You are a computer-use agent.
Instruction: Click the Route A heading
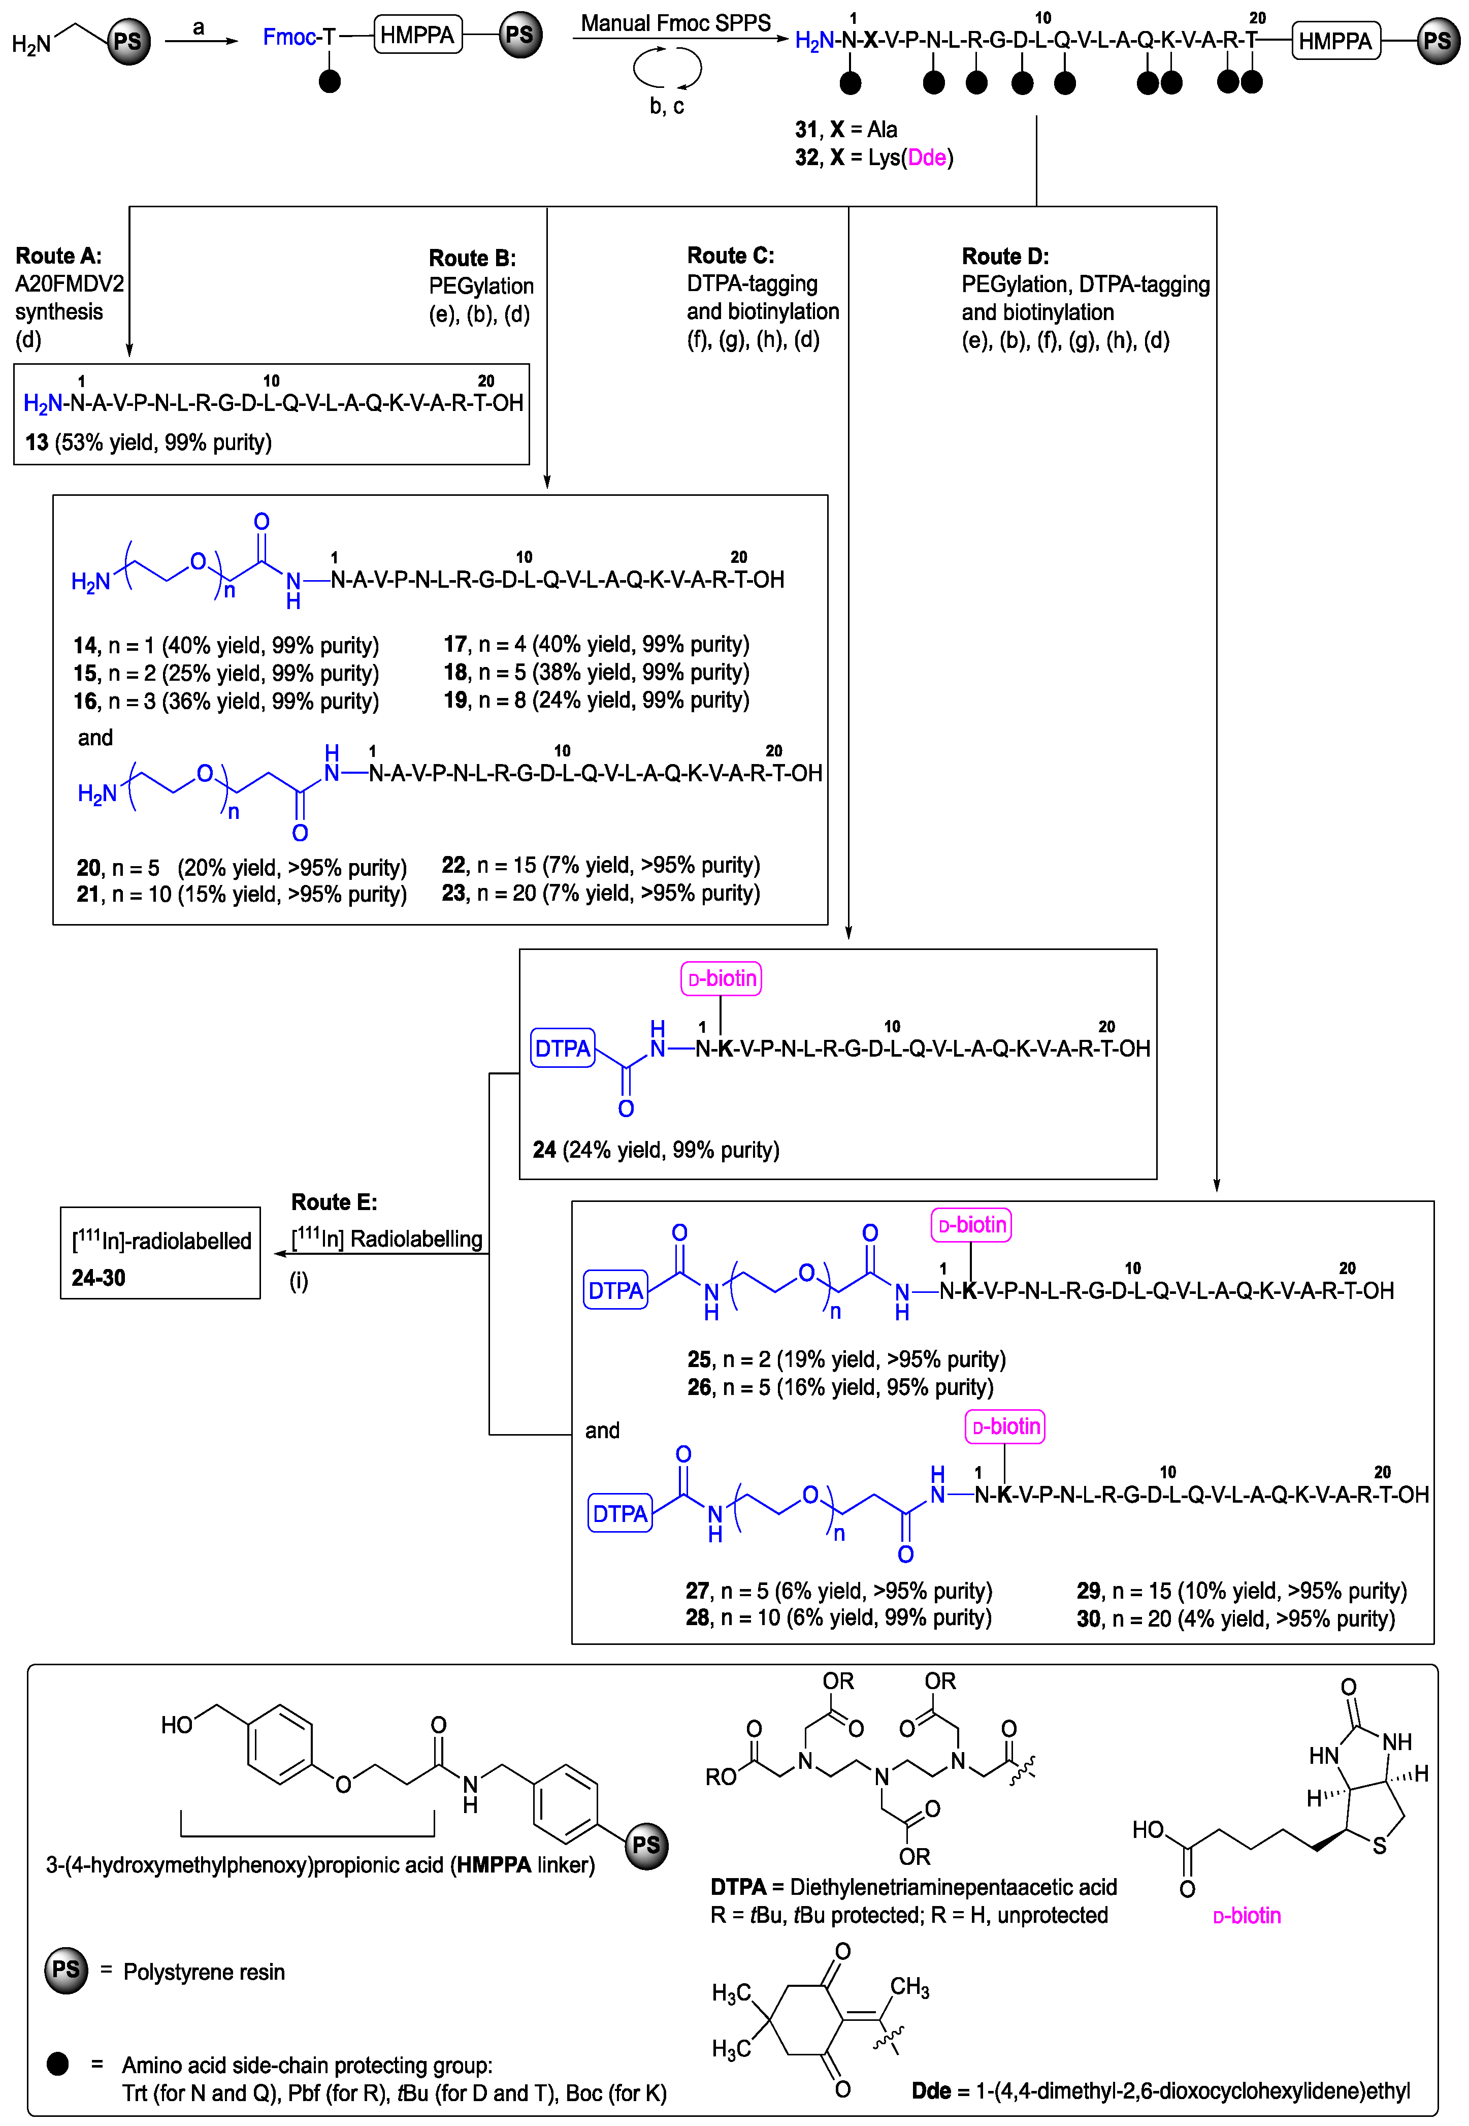(x=58, y=256)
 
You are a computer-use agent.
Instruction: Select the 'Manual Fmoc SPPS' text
(x=675, y=23)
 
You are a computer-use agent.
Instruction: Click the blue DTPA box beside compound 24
(x=563, y=1049)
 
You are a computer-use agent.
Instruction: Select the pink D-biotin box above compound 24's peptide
(x=721, y=979)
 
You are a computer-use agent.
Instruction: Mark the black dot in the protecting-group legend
(x=57, y=2064)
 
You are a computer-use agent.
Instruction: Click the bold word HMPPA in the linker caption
(x=494, y=1864)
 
